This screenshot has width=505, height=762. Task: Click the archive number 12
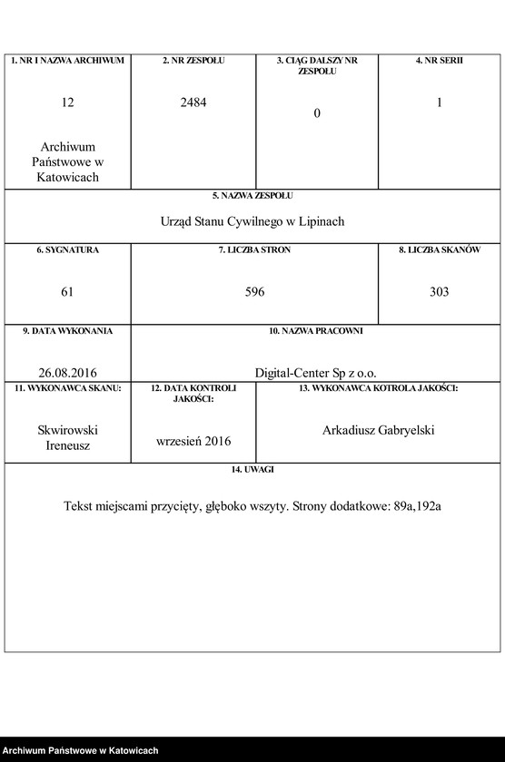point(68,103)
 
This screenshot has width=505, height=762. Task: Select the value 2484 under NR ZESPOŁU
point(193,103)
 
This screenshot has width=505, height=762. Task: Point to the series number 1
point(439,103)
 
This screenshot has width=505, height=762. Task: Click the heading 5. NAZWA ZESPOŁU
point(252,195)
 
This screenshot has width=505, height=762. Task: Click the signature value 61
point(68,292)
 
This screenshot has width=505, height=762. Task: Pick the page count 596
point(254,292)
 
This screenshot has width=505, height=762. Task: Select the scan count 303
point(439,292)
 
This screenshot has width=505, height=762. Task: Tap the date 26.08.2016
point(68,373)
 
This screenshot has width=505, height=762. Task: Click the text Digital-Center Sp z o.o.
point(315,373)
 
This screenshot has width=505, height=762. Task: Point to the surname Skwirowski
point(68,431)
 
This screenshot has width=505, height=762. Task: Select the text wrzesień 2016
point(193,441)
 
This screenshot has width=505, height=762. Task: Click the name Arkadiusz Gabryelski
point(378,430)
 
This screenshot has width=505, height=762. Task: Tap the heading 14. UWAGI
point(252,469)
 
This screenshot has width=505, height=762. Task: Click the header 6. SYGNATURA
point(68,249)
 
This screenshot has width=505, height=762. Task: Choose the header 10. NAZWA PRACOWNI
point(315,331)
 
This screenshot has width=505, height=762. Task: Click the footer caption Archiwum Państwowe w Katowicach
point(80,751)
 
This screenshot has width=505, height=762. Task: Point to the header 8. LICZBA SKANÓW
point(439,249)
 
